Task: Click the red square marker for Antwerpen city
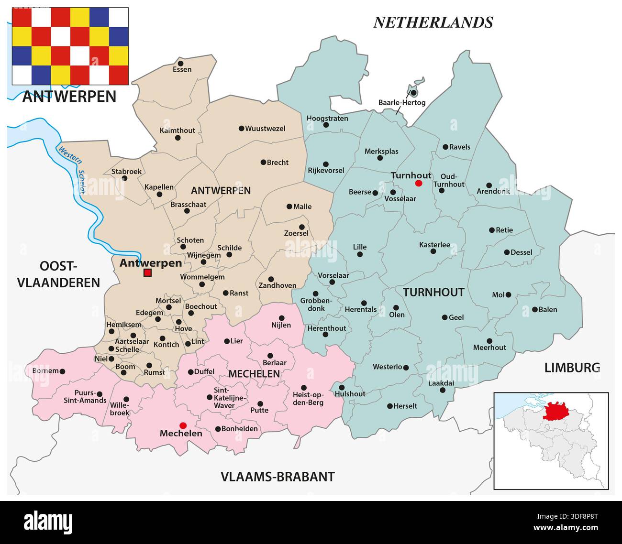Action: pos(147,273)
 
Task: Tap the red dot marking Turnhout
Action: pos(419,184)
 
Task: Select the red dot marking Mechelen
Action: pos(182,425)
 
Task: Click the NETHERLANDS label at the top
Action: pos(433,22)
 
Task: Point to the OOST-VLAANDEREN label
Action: pos(58,274)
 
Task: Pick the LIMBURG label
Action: pos(572,368)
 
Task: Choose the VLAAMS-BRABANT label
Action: pos(278,477)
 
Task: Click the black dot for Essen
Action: pos(180,63)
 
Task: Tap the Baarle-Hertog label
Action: pos(401,102)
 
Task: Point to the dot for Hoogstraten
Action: pos(326,125)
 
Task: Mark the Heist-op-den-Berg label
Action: pos(308,399)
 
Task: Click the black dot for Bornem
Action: pos(62,371)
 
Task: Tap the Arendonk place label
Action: pos(493,191)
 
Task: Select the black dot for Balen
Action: pos(534,309)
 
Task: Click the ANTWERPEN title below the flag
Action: pos(69,97)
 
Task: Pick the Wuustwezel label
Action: pos(265,129)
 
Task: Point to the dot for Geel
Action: pos(444,317)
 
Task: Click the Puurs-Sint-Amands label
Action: pos(85,397)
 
